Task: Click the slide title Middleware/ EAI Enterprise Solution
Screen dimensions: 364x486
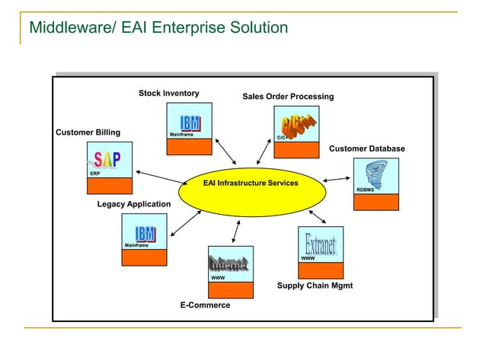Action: (158, 28)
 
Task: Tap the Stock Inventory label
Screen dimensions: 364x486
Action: (168, 93)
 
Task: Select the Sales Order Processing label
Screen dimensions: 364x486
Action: (288, 97)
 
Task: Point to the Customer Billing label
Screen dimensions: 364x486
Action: (88, 133)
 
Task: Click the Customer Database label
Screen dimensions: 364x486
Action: (366, 148)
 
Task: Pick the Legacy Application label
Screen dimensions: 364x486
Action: (134, 204)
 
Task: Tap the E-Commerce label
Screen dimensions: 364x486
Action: (205, 305)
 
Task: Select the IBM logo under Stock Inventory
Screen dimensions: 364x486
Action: (190, 123)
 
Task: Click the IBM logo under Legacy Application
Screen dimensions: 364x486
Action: (145, 233)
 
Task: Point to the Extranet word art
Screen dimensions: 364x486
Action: (321, 244)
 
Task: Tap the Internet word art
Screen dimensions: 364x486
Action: (229, 265)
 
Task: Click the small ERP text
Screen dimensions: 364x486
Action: (94, 174)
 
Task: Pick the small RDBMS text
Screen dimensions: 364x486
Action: (365, 189)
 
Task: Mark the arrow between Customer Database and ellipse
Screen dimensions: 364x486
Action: (337, 180)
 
